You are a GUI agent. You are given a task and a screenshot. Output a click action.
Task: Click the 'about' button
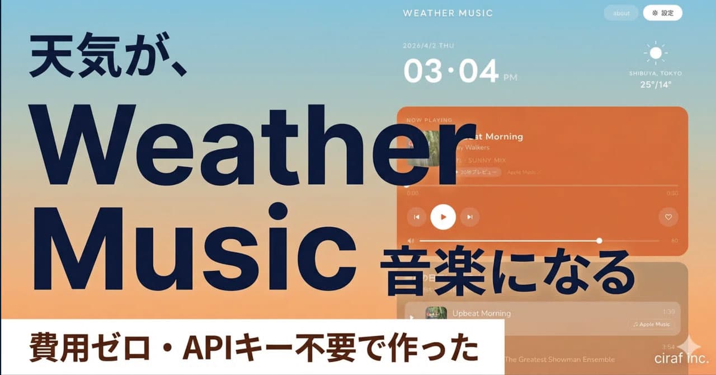pos(621,13)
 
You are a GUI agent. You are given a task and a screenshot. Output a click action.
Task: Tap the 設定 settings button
pos(662,13)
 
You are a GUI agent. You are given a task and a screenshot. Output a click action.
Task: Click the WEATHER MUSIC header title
pos(447,13)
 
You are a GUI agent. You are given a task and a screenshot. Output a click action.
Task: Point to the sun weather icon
pos(656,54)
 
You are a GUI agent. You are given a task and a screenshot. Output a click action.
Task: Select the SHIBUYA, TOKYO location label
pos(656,73)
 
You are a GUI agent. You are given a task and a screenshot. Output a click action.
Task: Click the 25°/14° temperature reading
pos(656,85)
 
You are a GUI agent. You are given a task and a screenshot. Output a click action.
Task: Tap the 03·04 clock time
pos(451,72)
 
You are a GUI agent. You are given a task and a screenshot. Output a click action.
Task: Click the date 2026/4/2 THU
pos(428,46)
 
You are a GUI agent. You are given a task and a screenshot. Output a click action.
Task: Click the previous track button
pos(416,217)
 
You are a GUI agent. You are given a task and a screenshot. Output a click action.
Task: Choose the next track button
pos(470,217)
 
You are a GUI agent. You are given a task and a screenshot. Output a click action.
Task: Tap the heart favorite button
pos(668,217)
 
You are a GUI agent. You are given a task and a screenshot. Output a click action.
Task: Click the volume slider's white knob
pos(599,241)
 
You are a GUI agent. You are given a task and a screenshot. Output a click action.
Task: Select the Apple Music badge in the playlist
pos(651,324)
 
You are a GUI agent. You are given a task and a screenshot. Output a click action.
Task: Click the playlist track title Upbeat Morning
pos(481,313)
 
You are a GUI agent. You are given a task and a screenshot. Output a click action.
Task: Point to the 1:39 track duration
pos(668,312)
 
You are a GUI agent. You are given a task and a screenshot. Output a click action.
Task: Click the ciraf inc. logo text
pos(681,358)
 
